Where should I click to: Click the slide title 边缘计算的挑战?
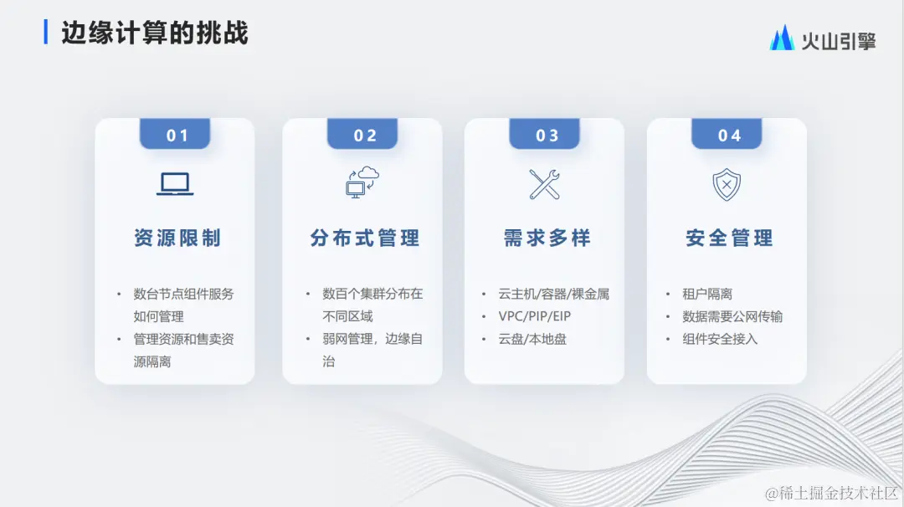(155, 33)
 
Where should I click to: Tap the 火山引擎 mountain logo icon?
(782, 38)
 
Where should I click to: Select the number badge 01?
(176, 135)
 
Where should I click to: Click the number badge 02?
(364, 135)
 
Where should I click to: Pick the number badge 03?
(547, 135)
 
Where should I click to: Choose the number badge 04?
(729, 135)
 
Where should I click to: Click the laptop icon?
(175, 184)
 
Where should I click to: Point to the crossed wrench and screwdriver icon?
(545, 184)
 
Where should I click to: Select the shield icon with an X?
(727, 184)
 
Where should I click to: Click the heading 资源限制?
(177, 238)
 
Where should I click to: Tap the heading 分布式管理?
(364, 238)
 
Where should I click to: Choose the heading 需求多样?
(547, 238)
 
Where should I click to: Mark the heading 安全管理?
(729, 238)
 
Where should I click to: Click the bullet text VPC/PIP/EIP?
(534, 317)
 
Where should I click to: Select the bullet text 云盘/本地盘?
(532, 340)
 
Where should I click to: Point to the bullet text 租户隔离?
(707, 294)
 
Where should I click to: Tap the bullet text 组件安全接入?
(720, 340)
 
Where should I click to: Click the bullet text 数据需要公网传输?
(732, 317)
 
